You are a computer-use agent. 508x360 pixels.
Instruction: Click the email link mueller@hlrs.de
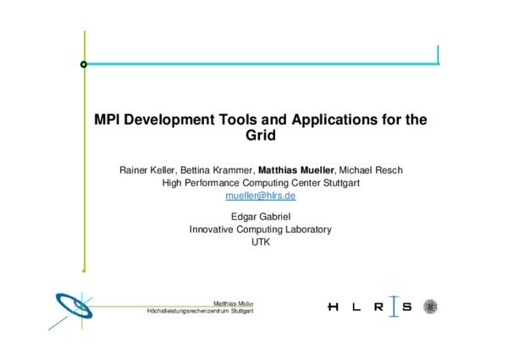coord(260,196)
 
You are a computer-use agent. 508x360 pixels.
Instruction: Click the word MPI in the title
coord(108,120)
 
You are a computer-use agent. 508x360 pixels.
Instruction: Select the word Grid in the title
coord(260,136)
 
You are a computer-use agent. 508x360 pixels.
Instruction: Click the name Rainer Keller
coord(147,169)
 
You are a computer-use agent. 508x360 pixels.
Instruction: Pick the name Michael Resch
coord(371,169)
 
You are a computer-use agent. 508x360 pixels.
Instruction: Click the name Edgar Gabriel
coord(260,217)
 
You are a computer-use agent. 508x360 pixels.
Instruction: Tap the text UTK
coord(260,242)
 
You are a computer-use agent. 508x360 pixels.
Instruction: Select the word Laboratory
coord(308,230)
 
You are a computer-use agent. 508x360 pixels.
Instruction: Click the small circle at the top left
coord(83,64)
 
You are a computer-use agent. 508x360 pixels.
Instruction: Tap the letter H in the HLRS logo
coord(331,307)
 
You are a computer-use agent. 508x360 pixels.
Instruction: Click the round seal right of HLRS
coord(431,307)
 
